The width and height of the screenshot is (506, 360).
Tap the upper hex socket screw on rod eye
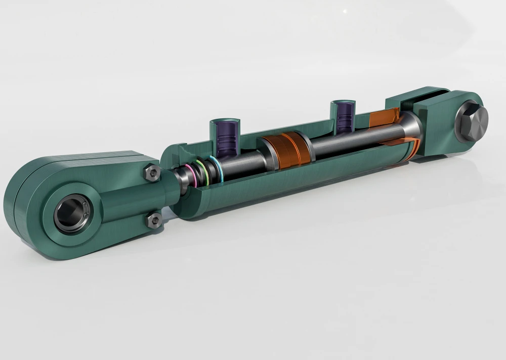pos(152,173)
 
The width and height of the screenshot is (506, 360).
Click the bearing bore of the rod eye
pos(71,214)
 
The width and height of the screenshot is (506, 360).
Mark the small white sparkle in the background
pos(345,11)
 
